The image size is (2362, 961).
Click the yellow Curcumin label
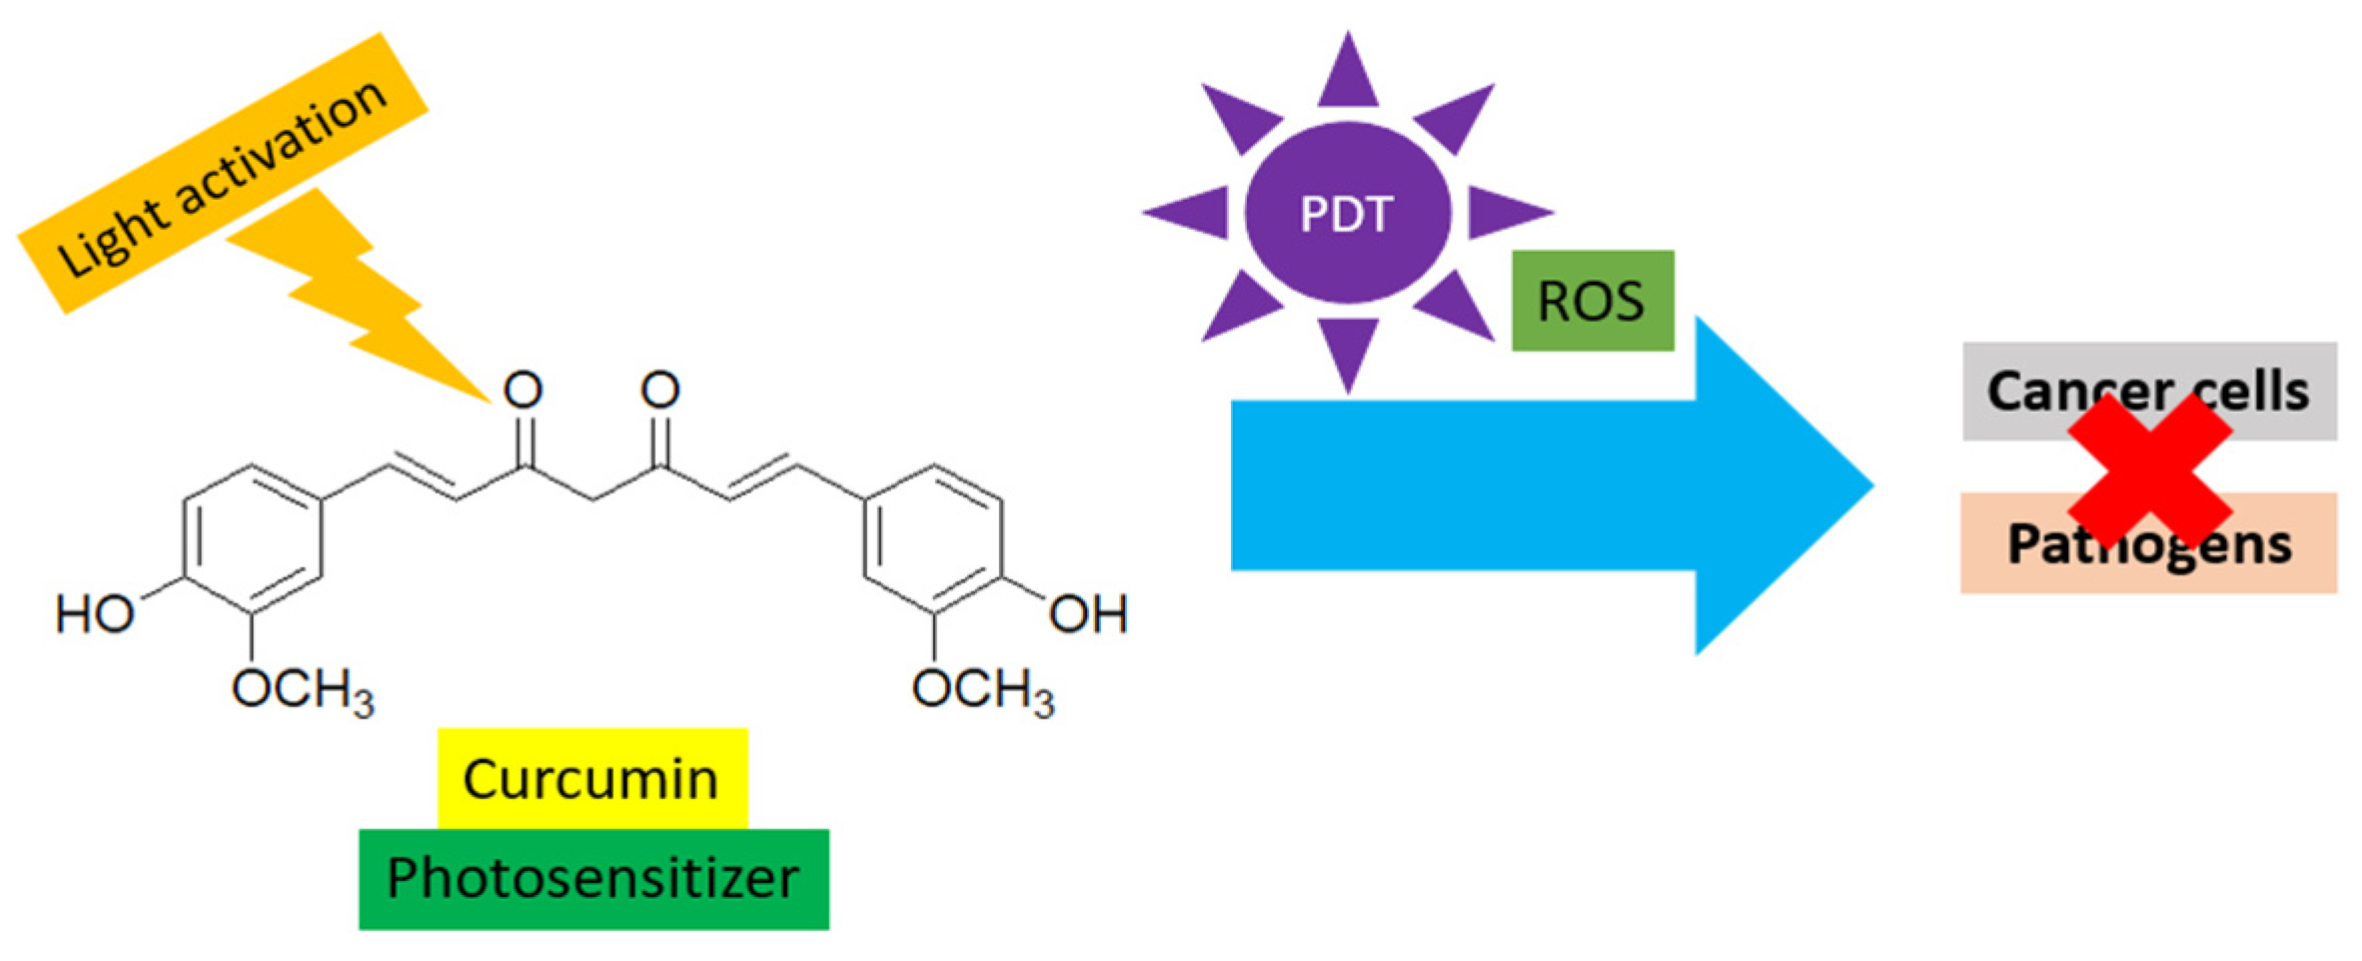(x=591, y=778)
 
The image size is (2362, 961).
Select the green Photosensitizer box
(x=593, y=879)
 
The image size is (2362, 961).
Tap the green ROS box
(x=1592, y=301)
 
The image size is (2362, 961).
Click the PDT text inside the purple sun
(x=1347, y=214)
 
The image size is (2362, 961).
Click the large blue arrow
(x=1549, y=485)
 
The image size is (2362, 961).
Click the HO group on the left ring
(x=95, y=613)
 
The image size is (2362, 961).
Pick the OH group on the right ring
(x=1088, y=613)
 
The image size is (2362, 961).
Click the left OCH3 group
(x=302, y=690)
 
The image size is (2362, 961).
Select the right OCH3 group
(x=982, y=690)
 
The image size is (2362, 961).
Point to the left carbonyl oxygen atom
(x=523, y=390)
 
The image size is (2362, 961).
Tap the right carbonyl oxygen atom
(x=660, y=390)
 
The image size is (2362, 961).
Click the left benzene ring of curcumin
(x=252, y=539)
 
